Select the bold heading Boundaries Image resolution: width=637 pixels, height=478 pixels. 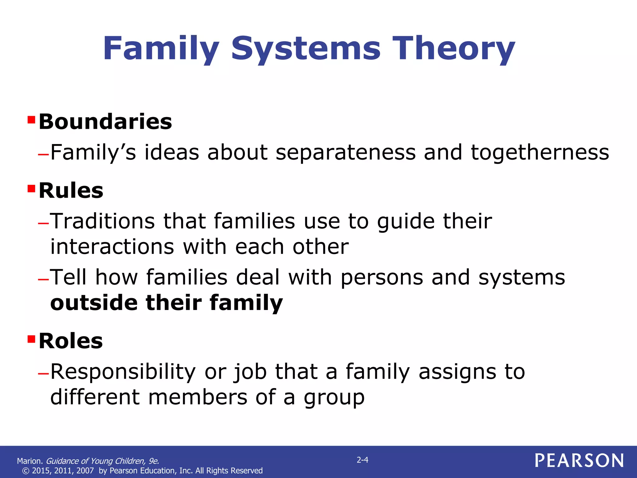[x=105, y=122]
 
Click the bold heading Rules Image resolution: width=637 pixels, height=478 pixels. [x=71, y=191]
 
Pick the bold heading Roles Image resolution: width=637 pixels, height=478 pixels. [x=71, y=341]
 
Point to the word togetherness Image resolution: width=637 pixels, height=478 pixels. [x=540, y=153]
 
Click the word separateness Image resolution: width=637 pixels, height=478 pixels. [x=346, y=153]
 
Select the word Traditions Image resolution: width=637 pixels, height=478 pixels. [x=103, y=221]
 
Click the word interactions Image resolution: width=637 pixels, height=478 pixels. [x=112, y=247]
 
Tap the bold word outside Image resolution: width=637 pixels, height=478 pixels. [x=94, y=303]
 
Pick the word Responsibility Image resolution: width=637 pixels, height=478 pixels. [x=123, y=372]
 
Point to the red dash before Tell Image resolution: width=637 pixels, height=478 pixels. [x=43, y=279]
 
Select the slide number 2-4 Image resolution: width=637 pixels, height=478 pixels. [x=362, y=460]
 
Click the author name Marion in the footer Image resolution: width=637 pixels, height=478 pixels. [x=30, y=461]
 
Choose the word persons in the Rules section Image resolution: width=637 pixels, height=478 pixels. [x=382, y=278]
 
